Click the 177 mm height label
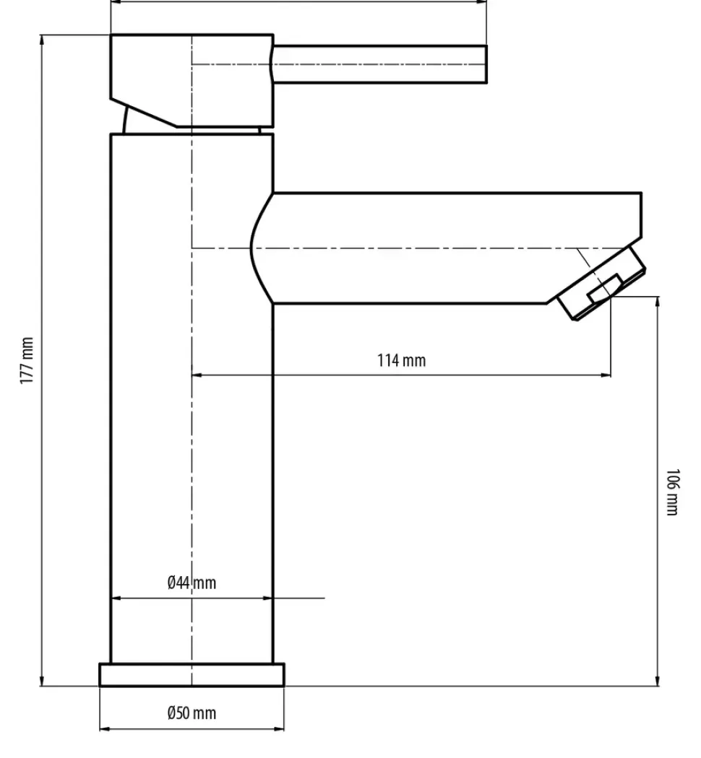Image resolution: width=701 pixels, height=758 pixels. coord(27,361)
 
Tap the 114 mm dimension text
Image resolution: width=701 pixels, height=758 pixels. coord(402,361)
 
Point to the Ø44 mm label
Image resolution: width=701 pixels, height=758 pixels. coord(192,583)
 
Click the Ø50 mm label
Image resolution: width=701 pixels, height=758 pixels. coord(192,713)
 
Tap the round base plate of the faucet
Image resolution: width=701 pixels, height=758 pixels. coord(192,675)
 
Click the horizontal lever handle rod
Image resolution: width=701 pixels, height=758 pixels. coord(380,64)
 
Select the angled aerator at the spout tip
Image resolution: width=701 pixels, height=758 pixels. coord(601,283)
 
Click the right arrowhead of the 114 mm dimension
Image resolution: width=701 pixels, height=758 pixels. coord(606,375)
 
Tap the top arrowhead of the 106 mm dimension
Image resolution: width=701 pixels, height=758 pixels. coord(658,302)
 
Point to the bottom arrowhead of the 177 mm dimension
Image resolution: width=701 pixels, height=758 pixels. coord(42,680)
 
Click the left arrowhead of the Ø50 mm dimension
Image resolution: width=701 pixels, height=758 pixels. coord(105,728)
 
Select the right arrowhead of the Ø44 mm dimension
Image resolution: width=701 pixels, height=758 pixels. coord(267,598)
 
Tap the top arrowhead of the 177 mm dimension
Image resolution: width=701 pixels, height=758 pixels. coord(42,40)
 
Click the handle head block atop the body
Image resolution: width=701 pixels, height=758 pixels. coord(192,81)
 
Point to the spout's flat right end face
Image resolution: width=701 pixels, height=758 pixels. coord(642,216)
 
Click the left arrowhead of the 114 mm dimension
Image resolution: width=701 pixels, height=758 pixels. coord(197,375)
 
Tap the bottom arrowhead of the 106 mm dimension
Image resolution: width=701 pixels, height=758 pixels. coord(658,680)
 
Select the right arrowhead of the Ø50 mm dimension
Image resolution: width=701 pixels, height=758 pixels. coord(279,728)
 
